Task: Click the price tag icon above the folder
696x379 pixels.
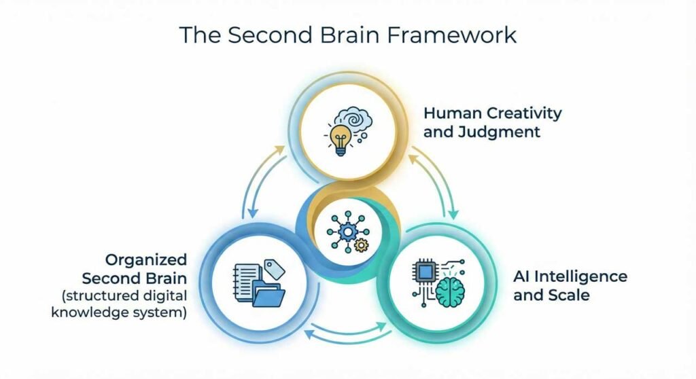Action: click(274, 268)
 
